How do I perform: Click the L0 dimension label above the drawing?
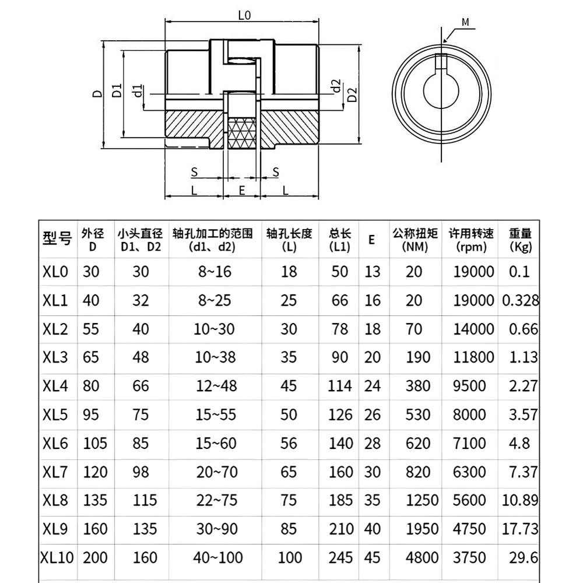244,16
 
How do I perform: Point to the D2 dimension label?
352,94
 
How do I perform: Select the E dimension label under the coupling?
241,190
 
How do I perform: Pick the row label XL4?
55,386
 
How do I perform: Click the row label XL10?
58,557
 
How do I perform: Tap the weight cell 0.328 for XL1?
520,301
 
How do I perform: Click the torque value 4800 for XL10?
415,557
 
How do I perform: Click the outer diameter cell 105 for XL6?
95,443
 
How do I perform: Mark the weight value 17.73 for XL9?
520,529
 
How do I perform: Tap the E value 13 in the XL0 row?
372,272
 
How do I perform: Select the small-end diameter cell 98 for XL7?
141,472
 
